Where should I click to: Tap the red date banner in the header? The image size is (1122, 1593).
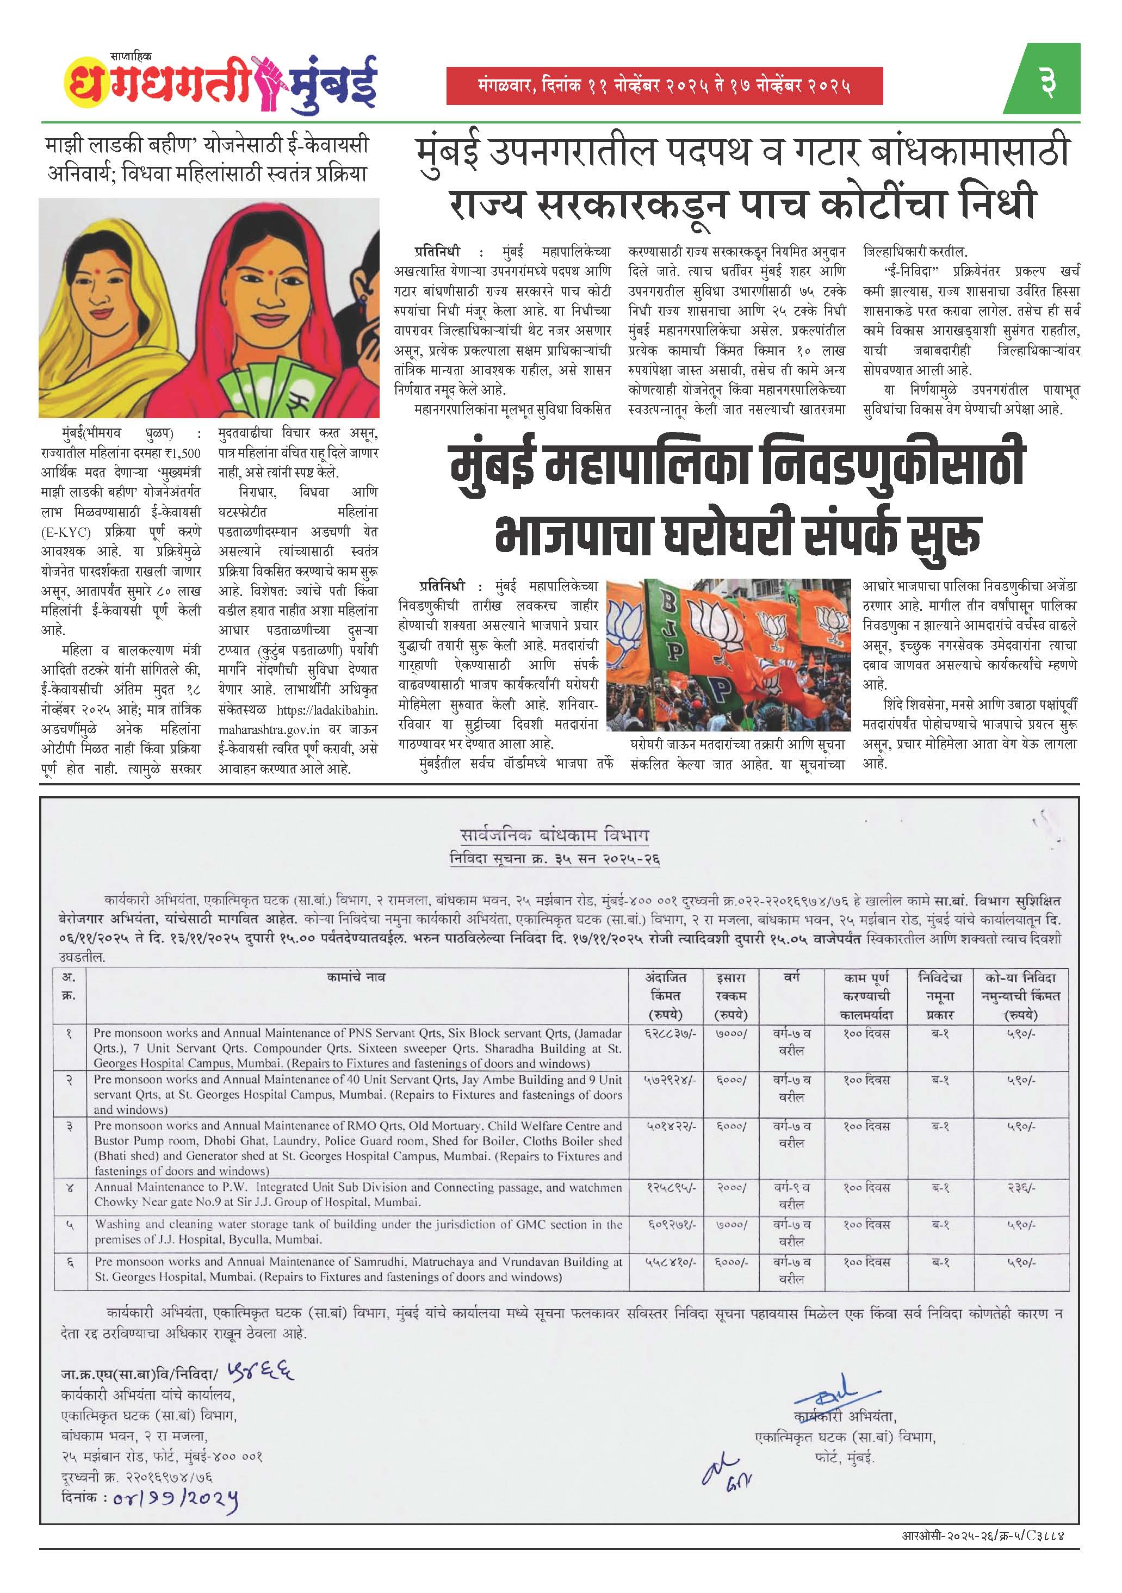click(x=664, y=86)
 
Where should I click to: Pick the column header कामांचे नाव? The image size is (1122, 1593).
click(x=355, y=977)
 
